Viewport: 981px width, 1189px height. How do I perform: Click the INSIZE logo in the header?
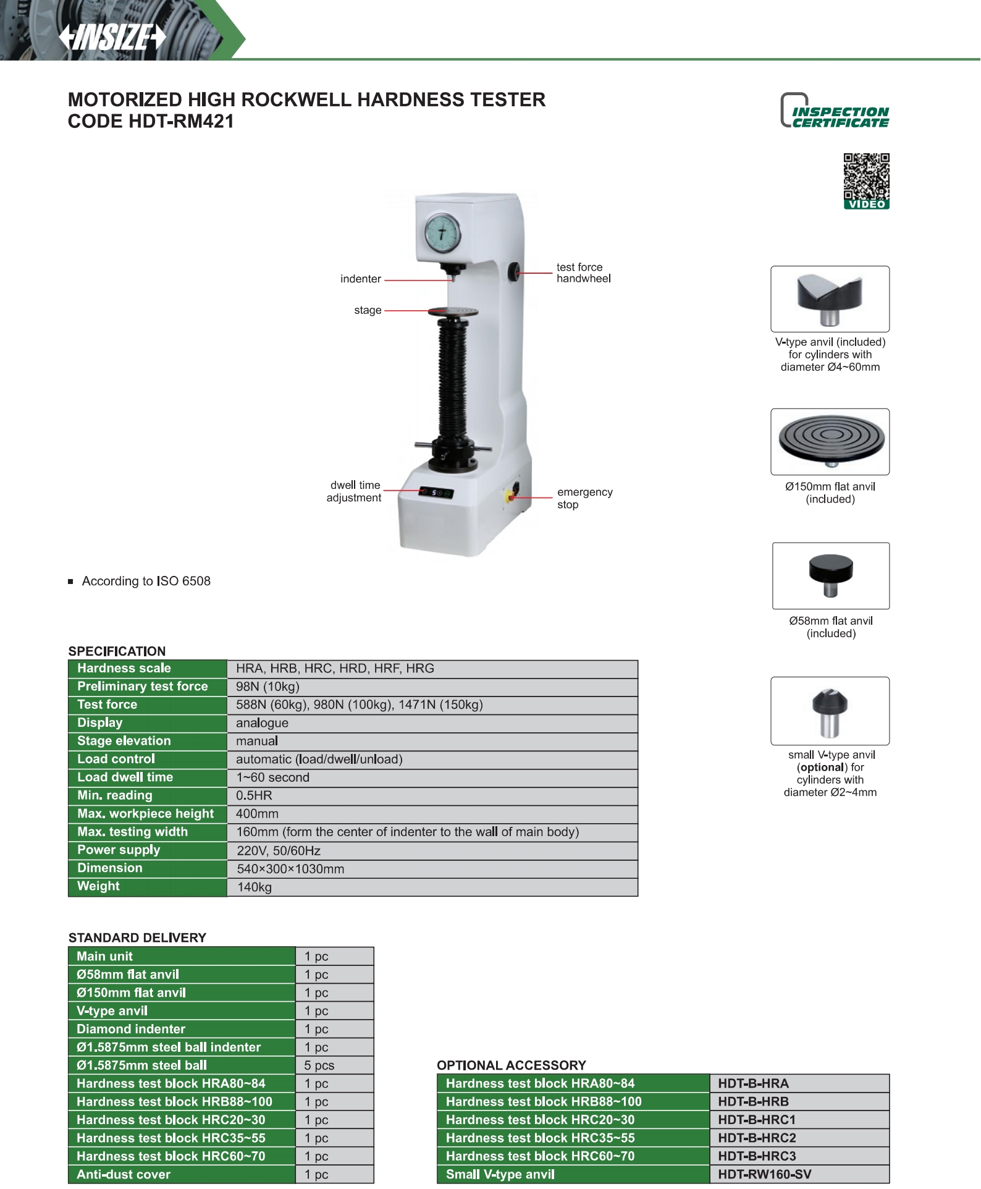[112, 37]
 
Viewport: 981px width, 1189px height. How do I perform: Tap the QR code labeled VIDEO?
[866, 180]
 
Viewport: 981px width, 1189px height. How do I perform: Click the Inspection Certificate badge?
[835, 111]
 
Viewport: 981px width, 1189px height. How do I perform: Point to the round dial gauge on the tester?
[442, 232]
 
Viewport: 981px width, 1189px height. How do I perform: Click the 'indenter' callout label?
[360, 279]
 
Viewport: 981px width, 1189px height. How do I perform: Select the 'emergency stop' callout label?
[584, 498]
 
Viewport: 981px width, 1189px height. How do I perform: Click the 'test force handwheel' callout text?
[583, 273]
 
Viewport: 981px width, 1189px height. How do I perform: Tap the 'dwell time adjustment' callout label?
[354, 491]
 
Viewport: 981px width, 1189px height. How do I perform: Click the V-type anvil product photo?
[830, 299]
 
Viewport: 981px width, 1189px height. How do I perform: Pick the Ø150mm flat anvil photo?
[830, 441]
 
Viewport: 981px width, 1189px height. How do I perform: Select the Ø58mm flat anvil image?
[830, 575]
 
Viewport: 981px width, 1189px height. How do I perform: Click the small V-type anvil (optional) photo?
[830, 711]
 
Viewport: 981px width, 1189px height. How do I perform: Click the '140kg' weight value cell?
[255, 887]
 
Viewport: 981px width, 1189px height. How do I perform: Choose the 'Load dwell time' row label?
[125, 777]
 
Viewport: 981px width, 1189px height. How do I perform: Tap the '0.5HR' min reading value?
[254, 796]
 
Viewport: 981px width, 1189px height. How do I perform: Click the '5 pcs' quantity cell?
[319, 1065]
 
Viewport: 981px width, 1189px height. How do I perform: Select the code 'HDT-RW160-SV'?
[764, 1174]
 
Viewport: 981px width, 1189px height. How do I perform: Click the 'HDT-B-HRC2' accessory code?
[757, 1138]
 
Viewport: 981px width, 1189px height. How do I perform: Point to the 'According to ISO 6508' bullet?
[146, 582]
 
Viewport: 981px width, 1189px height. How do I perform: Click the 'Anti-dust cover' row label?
[124, 1174]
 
